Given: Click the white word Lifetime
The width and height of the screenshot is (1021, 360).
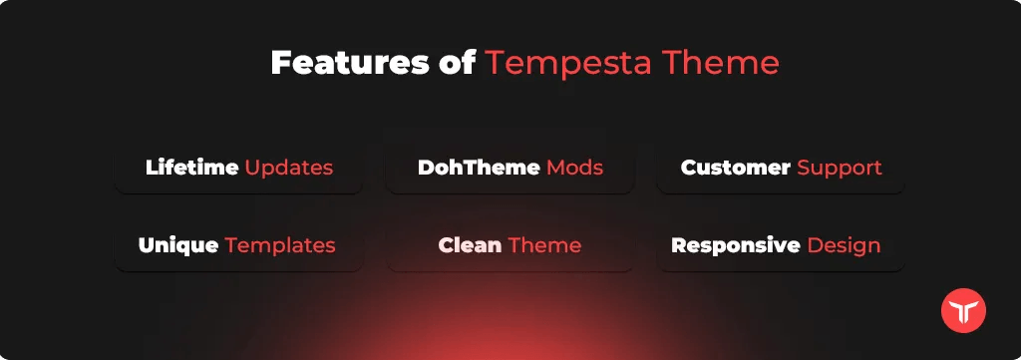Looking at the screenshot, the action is (x=192, y=168).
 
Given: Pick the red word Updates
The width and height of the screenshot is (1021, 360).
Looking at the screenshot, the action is (x=289, y=169).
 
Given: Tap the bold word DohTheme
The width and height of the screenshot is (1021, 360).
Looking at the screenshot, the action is (x=479, y=168).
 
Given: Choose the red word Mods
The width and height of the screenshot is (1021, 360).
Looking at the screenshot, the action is (x=575, y=168).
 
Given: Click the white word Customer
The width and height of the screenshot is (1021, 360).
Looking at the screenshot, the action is (x=736, y=168).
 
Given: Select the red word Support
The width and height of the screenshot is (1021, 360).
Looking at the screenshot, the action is (x=840, y=169).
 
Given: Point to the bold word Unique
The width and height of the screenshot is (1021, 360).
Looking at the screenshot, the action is (x=178, y=246).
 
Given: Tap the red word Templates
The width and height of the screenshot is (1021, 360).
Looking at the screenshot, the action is (x=280, y=246).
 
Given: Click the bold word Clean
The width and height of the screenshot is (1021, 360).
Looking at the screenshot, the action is (x=471, y=245).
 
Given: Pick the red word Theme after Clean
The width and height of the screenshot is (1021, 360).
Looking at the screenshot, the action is (x=545, y=245).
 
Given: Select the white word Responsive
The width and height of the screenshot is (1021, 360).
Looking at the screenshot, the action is (x=736, y=246).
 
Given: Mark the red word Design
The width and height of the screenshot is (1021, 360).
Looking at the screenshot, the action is (x=844, y=246).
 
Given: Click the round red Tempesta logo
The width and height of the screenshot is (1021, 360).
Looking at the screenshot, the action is (x=964, y=311).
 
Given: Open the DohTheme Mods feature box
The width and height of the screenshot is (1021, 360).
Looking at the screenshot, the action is (x=510, y=168).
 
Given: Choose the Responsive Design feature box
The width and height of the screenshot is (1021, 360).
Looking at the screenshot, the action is (x=781, y=245).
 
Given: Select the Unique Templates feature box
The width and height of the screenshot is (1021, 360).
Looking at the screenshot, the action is (x=239, y=245).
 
